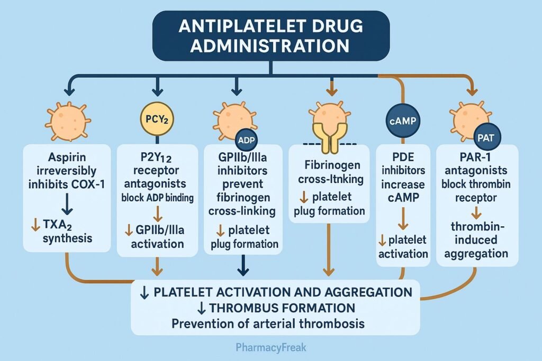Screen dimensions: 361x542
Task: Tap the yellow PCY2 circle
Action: [157, 119]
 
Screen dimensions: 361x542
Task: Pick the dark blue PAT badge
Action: [485, 137]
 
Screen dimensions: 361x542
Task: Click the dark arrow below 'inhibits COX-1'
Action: [67, 203]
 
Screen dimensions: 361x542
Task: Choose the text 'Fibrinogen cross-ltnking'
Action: [328, 172]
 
